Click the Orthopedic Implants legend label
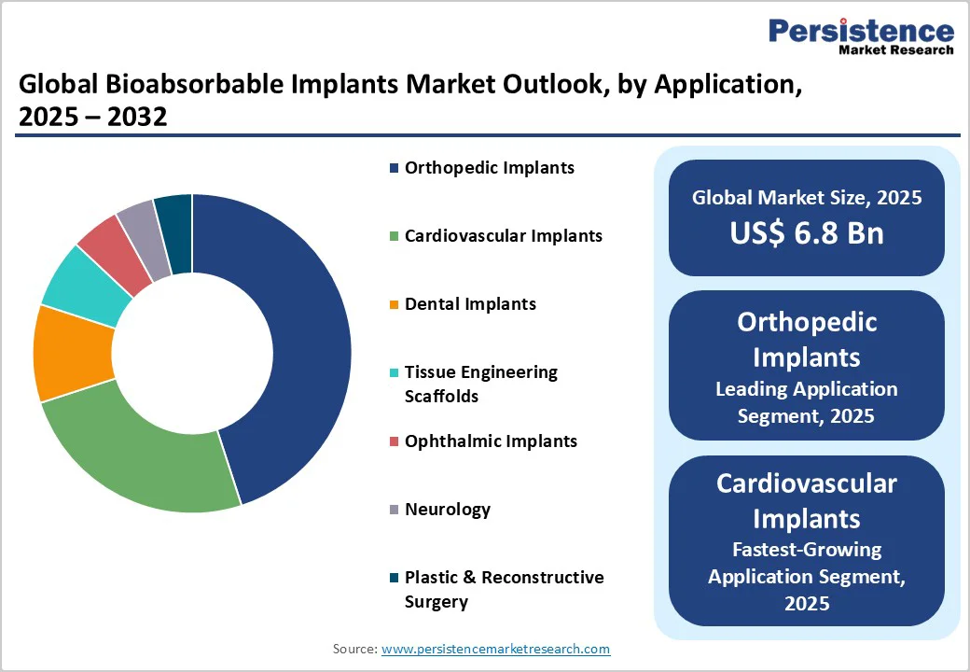[x=489, y=168]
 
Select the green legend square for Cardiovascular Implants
[x=395, y=237]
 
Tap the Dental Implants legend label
[x=470, y=304]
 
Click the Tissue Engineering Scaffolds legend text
[x=480, y=384]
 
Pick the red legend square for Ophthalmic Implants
[x=395, y=441]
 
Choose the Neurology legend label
[x=447, y=510]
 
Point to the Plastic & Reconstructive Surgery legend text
[x=504, y=589]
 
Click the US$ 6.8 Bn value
[x=806, y=232]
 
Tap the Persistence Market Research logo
[x=860, y=37]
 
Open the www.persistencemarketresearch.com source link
[x=495, y=649]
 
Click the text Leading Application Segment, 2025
[x=806, y=402]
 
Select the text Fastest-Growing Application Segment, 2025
[x=806, y=576]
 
